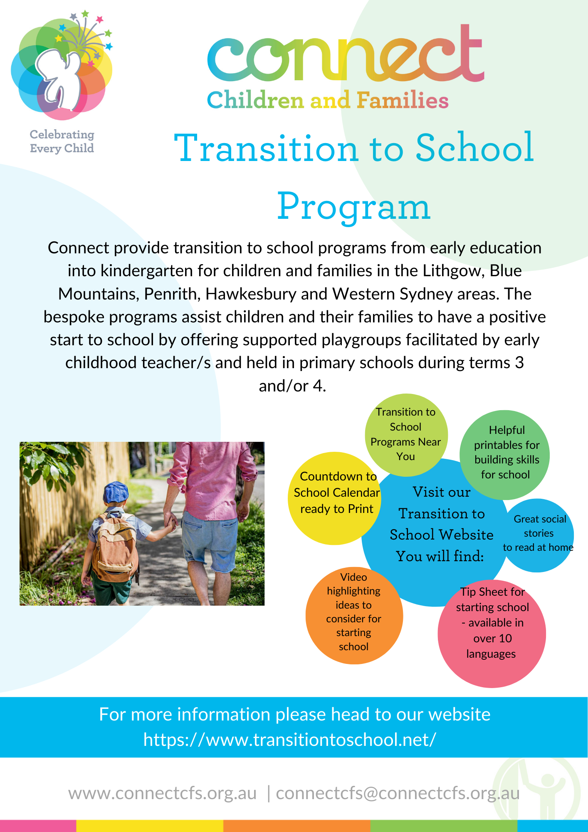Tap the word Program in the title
[x=354, y=207]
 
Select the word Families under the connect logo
[x=403, y=100]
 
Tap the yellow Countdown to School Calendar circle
[x=335, y=498]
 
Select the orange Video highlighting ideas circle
[x=354, y=615]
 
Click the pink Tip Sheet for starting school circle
[x=492, y=634]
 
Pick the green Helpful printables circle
[x=505, y=455]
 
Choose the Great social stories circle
[x=538, y=535]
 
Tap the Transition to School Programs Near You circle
[x=406, y=435]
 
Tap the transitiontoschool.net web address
[x=290, y=740]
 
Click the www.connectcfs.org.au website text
[x=163, y=793]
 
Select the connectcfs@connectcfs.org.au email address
[x=398, y=793]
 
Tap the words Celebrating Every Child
[x=62, y=141]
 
